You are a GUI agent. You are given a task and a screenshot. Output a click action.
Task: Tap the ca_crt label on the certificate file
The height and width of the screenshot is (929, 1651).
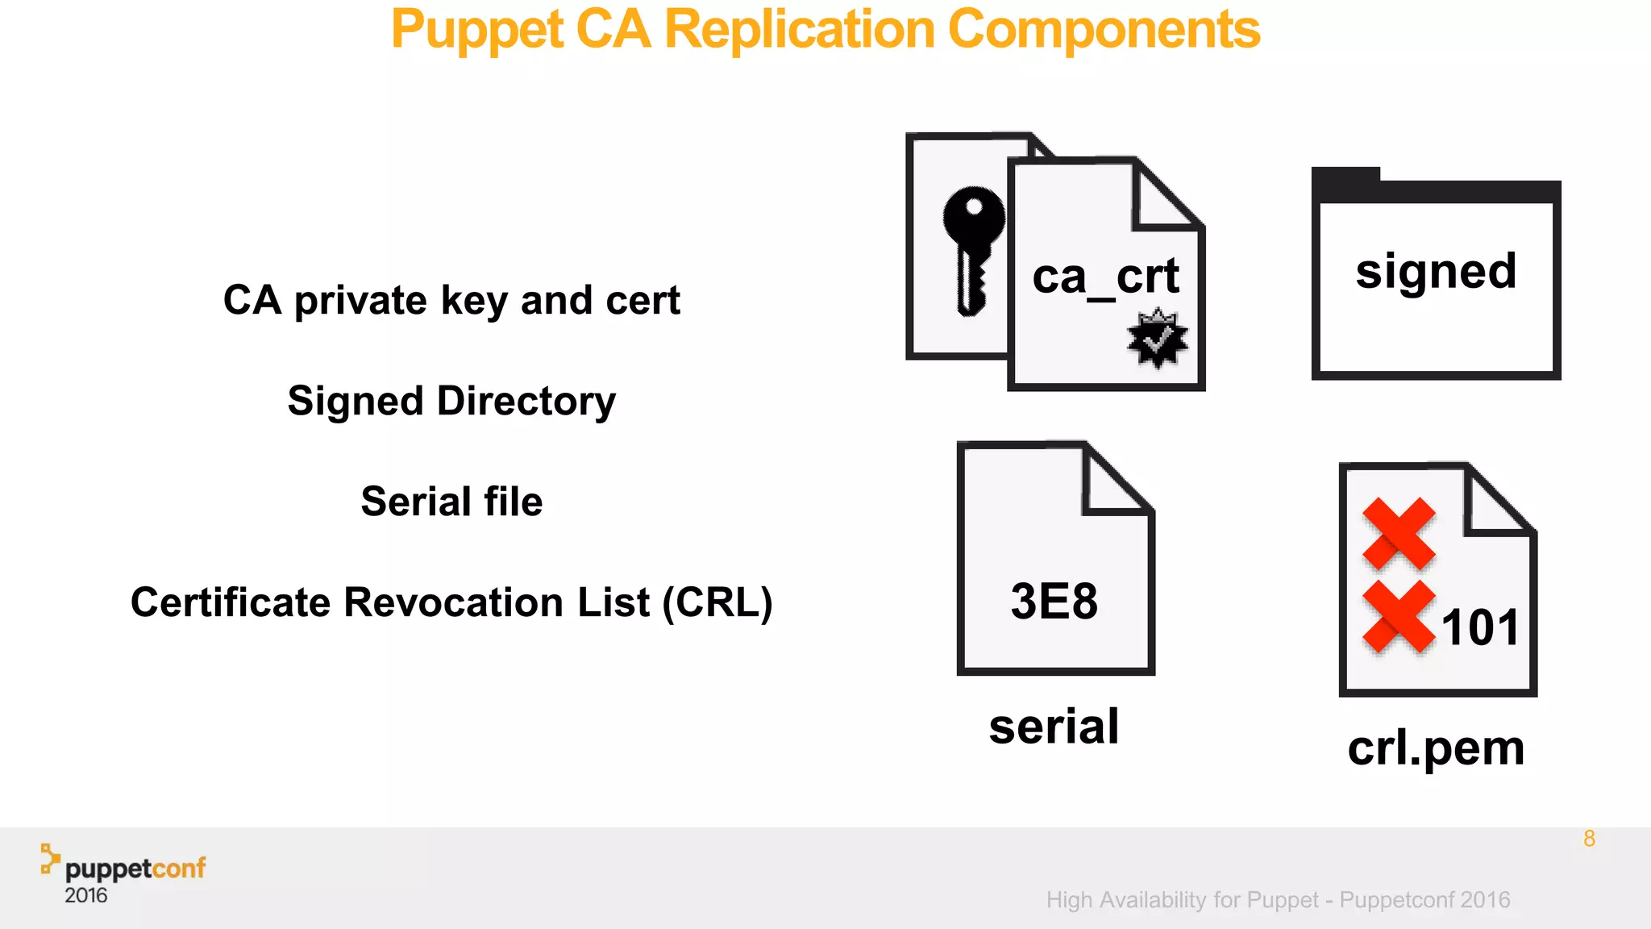pyautogui.click(x=1105, y=277)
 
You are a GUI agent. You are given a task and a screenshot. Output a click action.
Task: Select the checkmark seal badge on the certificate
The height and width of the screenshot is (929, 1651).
pyautogui.click(x=1158, y=339)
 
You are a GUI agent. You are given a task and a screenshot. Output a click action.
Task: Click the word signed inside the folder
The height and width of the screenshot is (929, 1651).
pyautogui.click(x=1436, y=272)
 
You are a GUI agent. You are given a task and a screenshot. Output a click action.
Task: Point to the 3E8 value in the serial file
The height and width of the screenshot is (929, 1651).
pyautogui.click(x=1054, y=602)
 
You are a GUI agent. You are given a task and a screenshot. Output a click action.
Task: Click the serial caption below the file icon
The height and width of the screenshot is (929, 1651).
pyautogui.click(x=1054, y=727)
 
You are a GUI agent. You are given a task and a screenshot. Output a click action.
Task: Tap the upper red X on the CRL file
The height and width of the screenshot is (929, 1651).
pyautogui.click(x=1399, y=533)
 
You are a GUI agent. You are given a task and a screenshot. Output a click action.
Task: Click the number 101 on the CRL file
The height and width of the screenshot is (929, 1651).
pyautogui.click(x=1480, y=627)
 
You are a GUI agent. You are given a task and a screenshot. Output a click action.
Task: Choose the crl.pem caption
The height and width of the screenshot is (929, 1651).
pyautogui.click(x=1436, y=748)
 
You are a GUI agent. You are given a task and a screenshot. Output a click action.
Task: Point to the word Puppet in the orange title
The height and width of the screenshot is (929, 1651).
pyautogui.click(x=476, y=30)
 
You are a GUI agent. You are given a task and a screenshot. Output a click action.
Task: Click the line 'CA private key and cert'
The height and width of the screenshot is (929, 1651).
pyautogui.click(x=451, y=301)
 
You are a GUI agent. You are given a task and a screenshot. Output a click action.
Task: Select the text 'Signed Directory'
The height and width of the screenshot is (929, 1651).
pyautogui.click(x=451, y=402)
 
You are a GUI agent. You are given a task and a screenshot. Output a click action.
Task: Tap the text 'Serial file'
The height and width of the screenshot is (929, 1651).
pyautogui.click(x=451, y=502)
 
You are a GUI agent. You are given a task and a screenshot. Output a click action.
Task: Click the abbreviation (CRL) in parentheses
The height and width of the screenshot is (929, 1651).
pyautogui.click(x=717, y=602)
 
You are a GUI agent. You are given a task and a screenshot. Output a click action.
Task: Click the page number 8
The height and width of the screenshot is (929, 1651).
pyautogui.click(x=1589, y=839)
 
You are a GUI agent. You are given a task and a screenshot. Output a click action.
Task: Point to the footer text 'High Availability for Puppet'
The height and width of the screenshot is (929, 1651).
pyautogui.click(x=1182, y=900)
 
